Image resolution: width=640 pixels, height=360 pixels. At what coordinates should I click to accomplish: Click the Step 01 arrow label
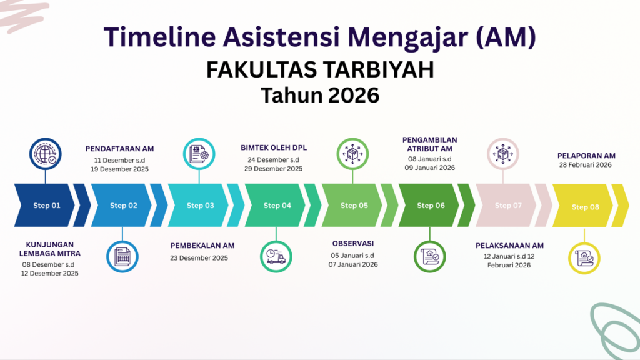click(x=46, y=205)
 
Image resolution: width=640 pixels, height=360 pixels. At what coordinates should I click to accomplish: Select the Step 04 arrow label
click(x=277, y=205)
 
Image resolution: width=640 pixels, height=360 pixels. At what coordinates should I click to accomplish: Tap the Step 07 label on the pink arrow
click(x=508, y=205)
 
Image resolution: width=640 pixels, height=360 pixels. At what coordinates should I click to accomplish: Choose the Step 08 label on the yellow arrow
click(x=585, y=207)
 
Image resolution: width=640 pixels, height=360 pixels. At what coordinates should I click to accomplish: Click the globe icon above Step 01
click(x=45, y=154)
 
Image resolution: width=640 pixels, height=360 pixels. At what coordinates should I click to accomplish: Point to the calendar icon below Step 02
click(x=122, y=257)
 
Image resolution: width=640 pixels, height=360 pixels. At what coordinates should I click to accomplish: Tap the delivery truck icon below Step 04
click(x=276, y=257)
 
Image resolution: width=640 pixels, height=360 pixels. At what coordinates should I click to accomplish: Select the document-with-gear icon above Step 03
click(x=199, y=154)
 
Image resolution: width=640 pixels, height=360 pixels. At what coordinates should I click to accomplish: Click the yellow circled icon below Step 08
click(x=584, y=258)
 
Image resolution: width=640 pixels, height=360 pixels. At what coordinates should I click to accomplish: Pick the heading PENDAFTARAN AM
click(x=119, y=149)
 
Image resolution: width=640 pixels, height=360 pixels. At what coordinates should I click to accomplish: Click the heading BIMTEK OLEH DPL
click(x=274, y=147)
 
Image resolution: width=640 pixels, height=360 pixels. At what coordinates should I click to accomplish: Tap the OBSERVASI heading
click(x=353, y=244)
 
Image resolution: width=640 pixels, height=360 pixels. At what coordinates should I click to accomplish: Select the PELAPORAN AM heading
click(x=586, y=156)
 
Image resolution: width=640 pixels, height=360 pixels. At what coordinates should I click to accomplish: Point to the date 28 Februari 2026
click(x=585, y=165)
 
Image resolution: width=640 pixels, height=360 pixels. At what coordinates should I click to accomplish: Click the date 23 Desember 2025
click(x=199, y=258)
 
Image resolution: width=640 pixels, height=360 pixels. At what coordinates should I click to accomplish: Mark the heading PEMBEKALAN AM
click(x=202, y=246)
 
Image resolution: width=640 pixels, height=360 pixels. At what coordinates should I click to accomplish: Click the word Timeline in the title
click(x=159, y=37)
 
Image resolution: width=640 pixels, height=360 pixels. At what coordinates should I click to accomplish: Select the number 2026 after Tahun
click(x=354, y=95)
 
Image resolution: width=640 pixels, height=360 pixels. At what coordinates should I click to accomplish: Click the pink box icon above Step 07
click(x=503, y=154)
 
